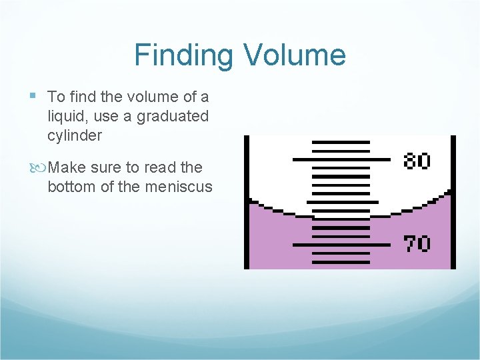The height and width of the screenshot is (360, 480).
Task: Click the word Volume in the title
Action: pos(294,55)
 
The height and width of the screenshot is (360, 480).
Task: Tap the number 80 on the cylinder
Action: pos(417,161)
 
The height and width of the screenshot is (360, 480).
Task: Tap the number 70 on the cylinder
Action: pos(417,244)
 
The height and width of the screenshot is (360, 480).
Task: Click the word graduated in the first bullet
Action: pos(173,117)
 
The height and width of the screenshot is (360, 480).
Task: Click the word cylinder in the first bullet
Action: pos(75,136)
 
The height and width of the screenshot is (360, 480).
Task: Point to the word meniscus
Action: pos(179,187)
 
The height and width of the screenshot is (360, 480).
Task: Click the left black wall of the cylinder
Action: pos(247,200)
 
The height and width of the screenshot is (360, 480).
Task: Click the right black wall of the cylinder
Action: pos(453,200)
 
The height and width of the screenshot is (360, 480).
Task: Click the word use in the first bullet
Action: pos(121,117)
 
